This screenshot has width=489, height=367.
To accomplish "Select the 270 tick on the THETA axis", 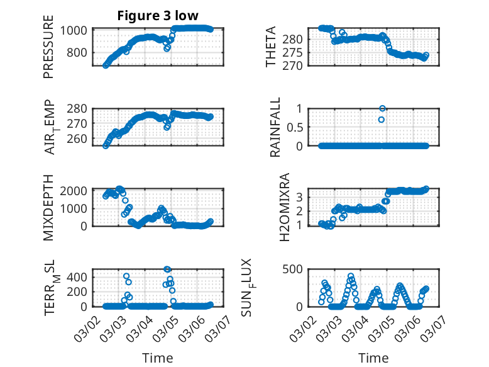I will click(295, 65).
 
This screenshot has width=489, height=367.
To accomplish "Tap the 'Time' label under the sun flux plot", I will click(373, 358).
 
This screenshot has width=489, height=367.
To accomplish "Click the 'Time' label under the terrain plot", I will click(158, 358).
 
